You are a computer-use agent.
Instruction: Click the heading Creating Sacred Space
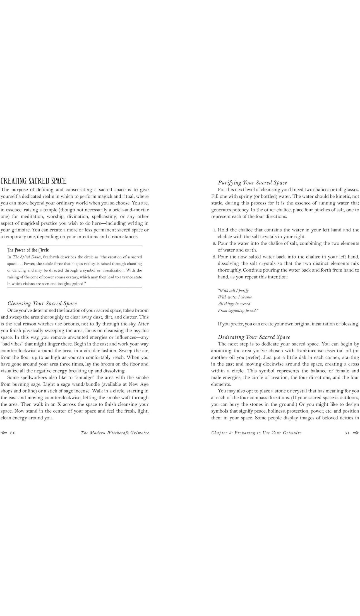[x=33, y=181]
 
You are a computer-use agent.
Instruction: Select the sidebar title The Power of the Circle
[x=28, y=250]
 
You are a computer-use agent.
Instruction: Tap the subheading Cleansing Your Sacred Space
[x=42, y=303]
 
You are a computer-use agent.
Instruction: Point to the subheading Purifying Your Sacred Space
[x=252, y=183]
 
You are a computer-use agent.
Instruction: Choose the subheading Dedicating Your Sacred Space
[x=254, y=337]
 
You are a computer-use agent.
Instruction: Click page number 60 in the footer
[x=13, y=433]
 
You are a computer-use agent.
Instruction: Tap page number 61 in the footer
[x=347, y=433]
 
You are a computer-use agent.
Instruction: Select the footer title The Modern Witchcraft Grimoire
[x=115, y=433]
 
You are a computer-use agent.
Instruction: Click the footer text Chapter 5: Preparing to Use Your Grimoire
[x=256, y=433]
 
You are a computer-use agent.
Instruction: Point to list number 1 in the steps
[x=214, y=230]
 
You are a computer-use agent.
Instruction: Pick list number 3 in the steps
[x=214, y=257]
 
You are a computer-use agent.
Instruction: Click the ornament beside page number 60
[x=4, y=433]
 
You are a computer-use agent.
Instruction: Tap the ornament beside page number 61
[x=356, y=433]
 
